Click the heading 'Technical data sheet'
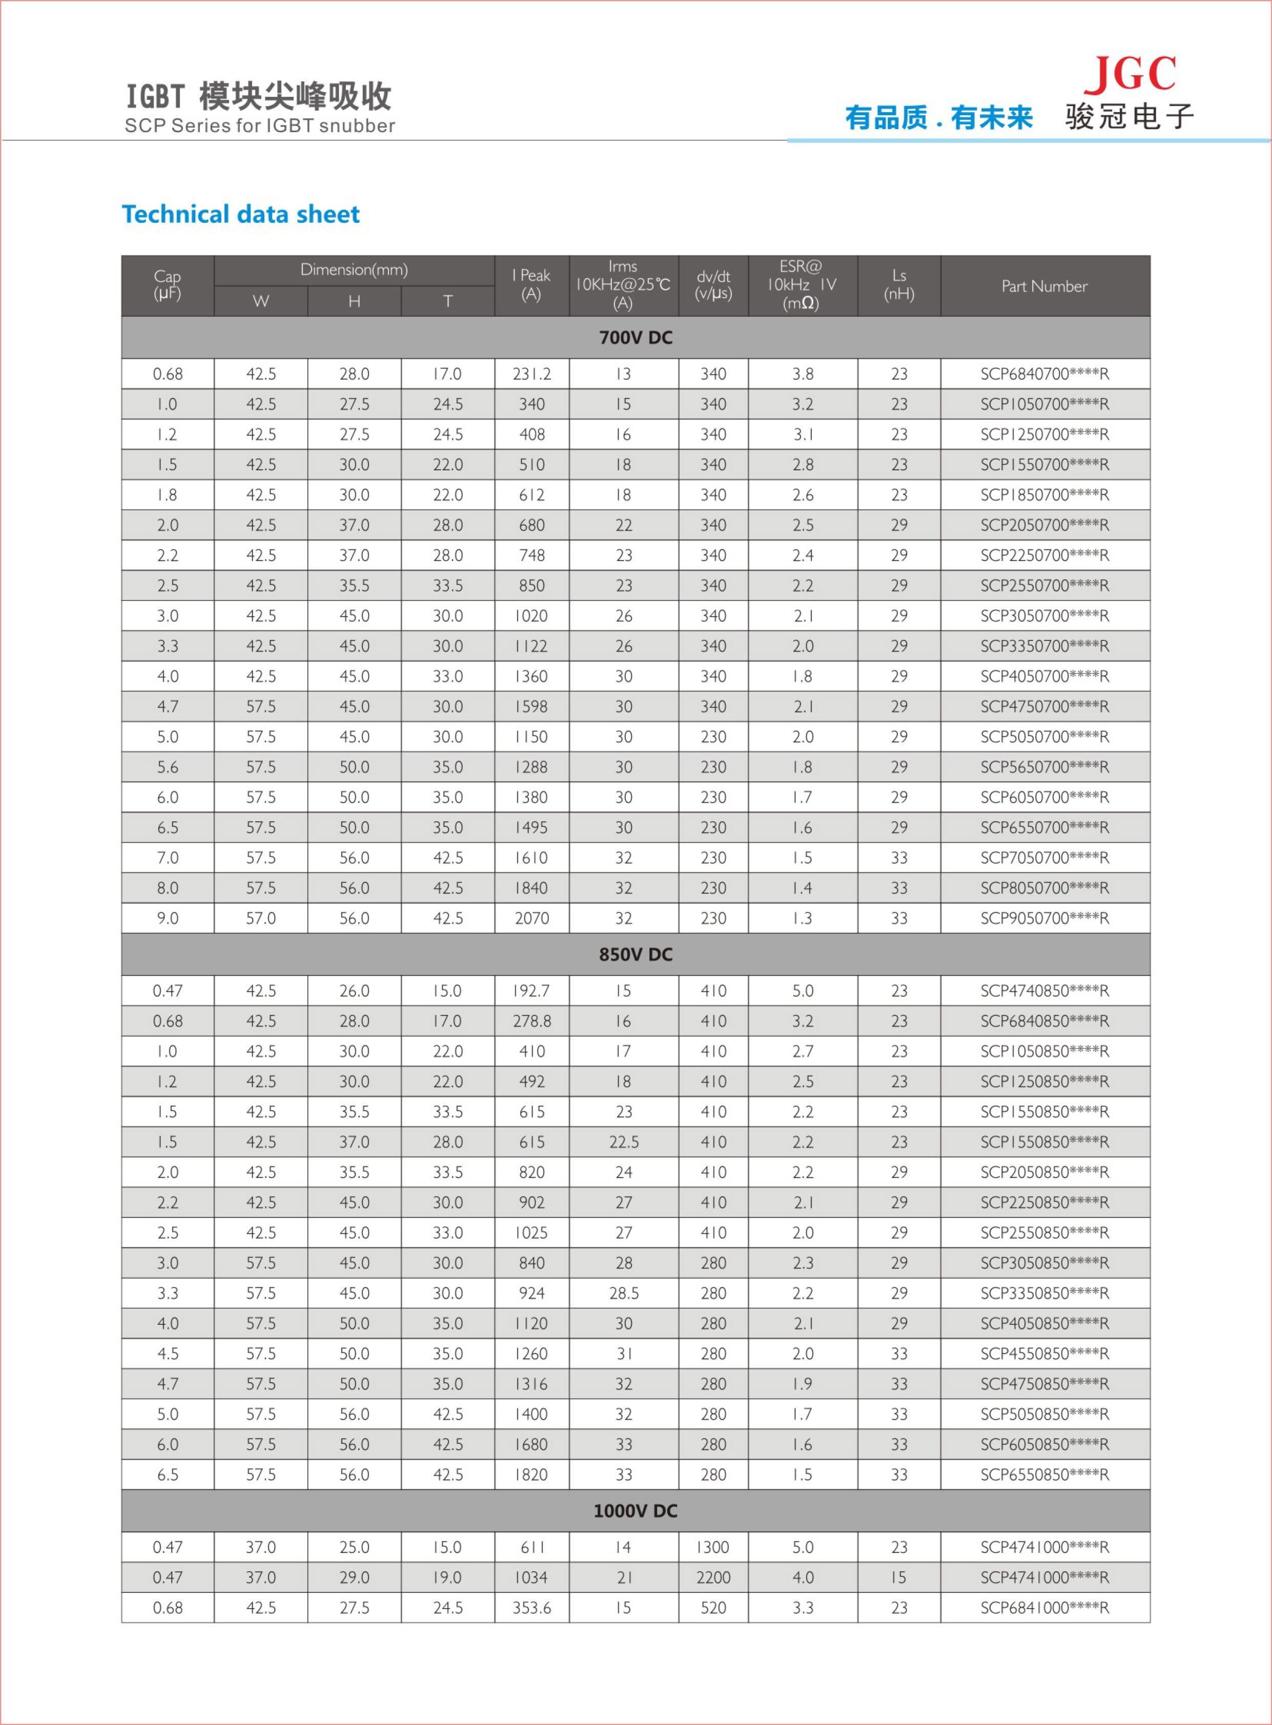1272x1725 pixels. [x=240, y=214]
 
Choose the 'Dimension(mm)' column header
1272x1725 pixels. [x=354, y=270]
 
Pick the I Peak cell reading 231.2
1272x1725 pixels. [x=531, y=374]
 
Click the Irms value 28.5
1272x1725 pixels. [x=624, y=1293]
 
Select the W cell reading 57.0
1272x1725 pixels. [x=261, y=918]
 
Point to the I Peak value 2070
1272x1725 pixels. [x=531, y=918]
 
